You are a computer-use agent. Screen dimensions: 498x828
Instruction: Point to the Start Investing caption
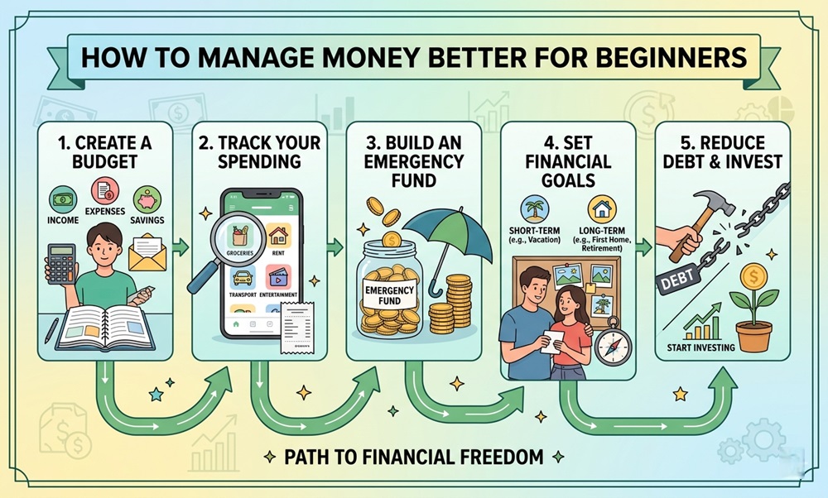[x=700, y=347]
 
